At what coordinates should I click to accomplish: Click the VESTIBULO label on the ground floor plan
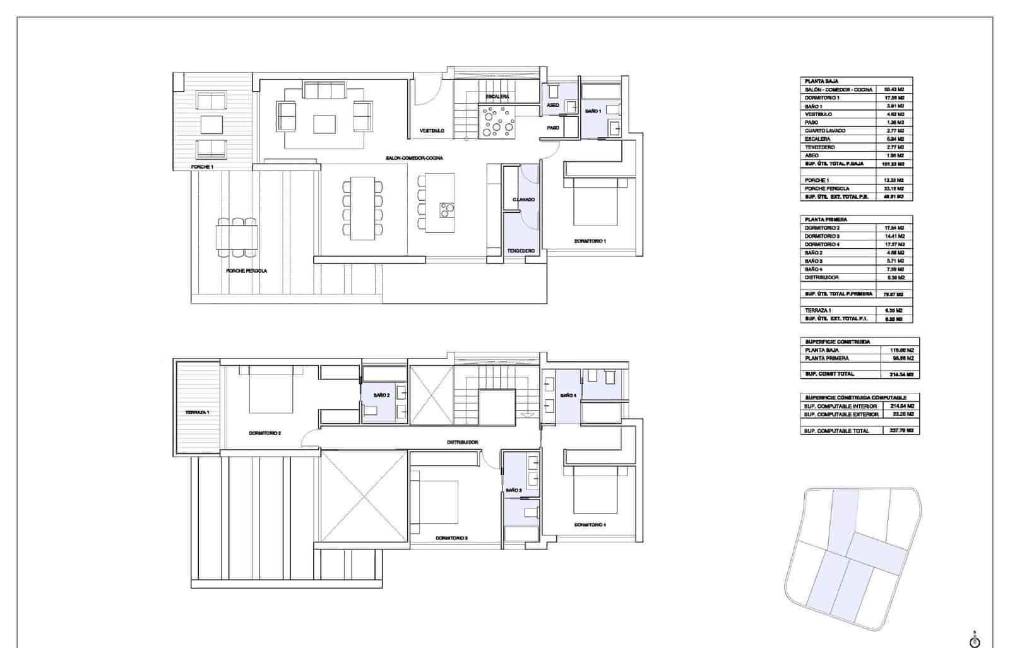[432, 131]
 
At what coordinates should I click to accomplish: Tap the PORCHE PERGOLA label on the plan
[246, 271]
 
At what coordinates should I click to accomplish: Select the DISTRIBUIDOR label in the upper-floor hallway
[462, 443]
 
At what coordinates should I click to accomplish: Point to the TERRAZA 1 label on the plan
[198, 412]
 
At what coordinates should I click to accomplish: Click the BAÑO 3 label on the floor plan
[513, 490]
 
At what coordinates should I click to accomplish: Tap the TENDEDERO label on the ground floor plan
[521, 251]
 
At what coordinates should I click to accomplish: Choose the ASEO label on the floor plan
[552, 105]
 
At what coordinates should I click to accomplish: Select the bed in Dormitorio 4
[595, 489]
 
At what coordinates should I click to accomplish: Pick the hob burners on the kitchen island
[447, 209]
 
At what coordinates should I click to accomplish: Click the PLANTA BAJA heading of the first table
[821, 81]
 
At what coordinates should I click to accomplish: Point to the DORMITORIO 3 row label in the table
[822, 236]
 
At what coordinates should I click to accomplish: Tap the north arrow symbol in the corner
[975, 640]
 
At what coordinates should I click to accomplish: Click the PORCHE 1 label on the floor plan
[203, 167]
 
